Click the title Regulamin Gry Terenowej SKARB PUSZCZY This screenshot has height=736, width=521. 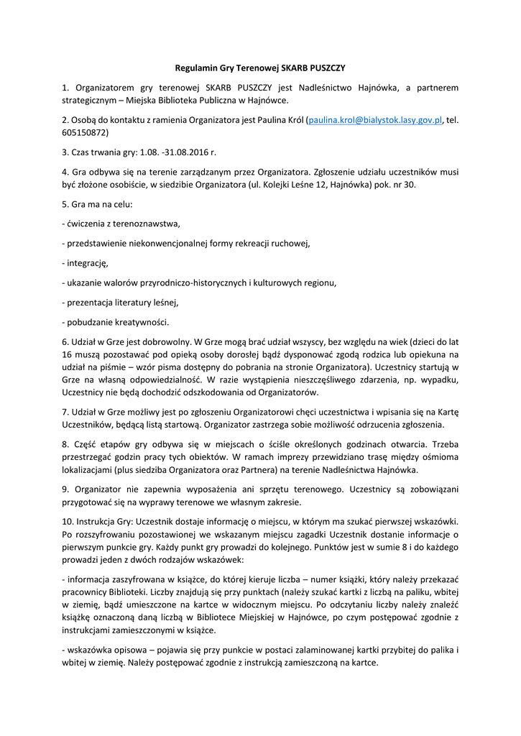coord(260,68)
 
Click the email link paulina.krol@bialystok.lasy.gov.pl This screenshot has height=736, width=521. coord(374,120)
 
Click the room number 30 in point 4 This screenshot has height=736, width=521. coord(410,185)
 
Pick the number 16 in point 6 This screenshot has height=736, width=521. coord(67,354)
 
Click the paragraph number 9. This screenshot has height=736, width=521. coord(65,489)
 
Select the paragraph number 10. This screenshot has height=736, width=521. coord(68,522)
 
